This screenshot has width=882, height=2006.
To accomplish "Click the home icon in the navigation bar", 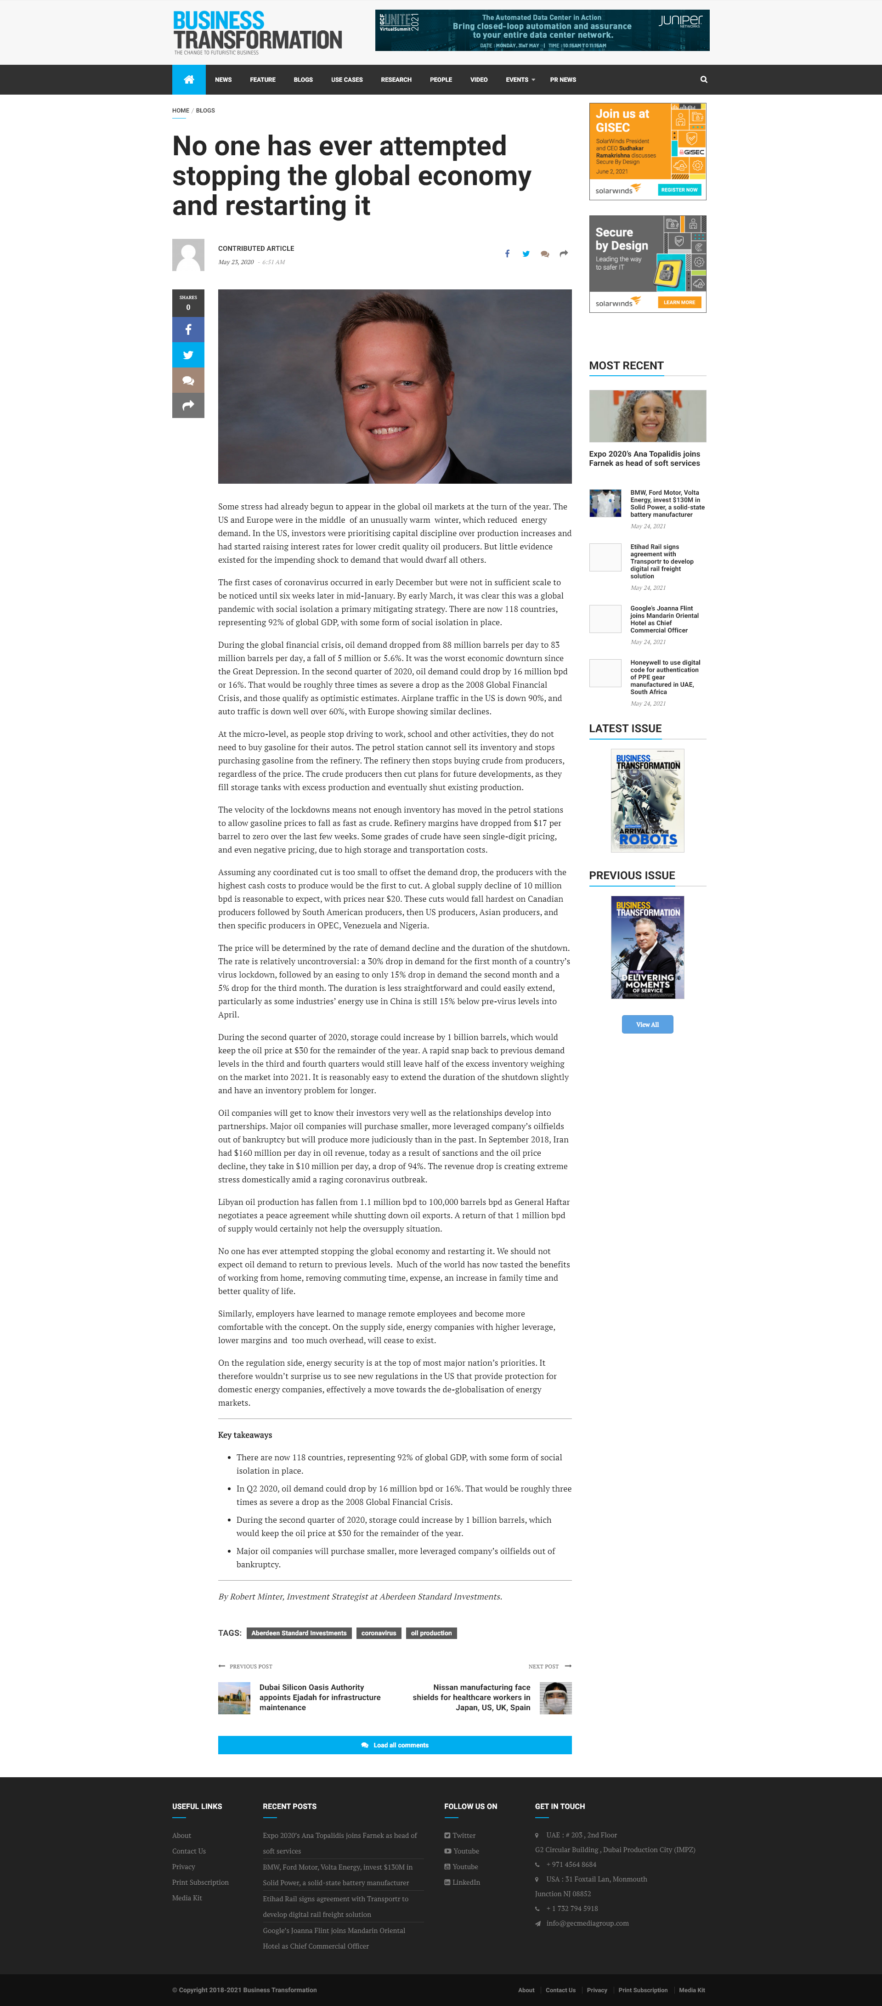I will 188,79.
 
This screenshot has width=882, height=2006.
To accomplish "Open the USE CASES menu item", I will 346,79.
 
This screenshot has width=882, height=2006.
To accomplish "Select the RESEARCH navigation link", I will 396,79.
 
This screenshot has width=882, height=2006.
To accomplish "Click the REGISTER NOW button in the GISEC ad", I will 679,189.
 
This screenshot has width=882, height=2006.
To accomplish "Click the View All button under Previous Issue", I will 647,1024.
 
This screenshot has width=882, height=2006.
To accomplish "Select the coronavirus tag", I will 379,1633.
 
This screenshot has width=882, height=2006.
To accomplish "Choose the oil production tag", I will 431,1633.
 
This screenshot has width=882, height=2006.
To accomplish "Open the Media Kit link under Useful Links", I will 187,1898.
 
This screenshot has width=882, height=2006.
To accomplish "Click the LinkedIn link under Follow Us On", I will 465,1882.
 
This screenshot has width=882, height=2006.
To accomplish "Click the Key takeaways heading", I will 244,1435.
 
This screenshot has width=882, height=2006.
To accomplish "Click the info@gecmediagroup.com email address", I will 587,1923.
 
